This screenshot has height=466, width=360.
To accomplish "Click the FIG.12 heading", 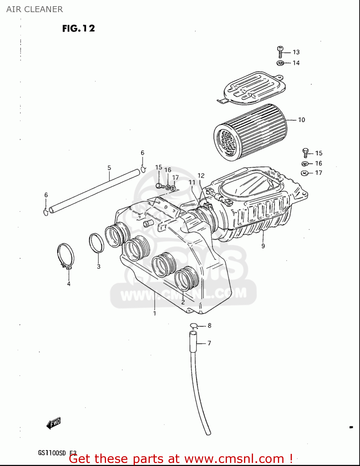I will click(78, 29).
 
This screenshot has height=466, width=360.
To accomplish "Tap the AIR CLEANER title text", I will click(35, 9).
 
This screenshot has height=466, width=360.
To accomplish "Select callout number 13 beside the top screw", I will click(296, 52).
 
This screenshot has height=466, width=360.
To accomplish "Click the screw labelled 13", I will click(280, 52).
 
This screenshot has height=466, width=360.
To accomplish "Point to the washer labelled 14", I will click(280, 63).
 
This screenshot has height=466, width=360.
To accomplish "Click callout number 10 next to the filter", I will click(301, 120).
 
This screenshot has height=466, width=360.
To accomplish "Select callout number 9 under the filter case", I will click(263, 246).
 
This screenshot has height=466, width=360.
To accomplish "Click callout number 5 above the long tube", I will click(109, 168).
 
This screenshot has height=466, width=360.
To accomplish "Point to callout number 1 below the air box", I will click(155, 313).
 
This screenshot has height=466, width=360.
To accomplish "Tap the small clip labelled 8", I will click(194, 326).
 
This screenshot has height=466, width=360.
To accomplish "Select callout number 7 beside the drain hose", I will click(209, 343).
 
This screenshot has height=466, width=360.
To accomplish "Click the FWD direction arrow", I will click(53, 423).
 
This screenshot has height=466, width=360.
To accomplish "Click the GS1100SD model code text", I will click(52, 453).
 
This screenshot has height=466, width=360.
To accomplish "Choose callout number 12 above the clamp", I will click(201, 176).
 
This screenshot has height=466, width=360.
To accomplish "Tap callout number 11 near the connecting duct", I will click(192, 182).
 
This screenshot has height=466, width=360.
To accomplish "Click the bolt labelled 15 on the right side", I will click(305, 153).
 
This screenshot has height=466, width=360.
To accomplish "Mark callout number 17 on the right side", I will click(319, 173).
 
